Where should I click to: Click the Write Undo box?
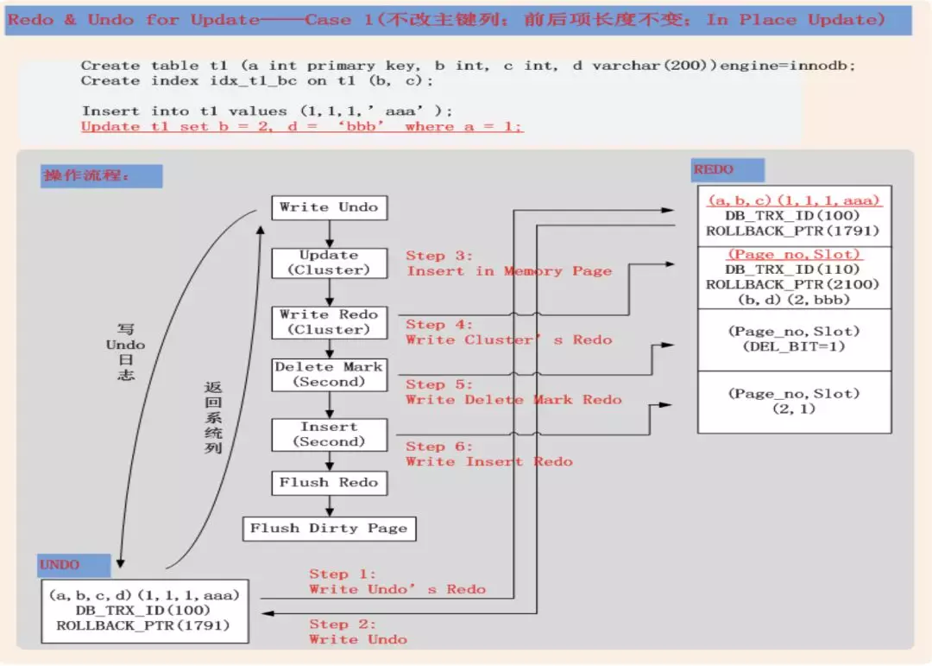click(x=328, y=207)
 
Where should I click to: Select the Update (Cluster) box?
click(x=328, y=263)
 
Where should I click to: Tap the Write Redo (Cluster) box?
click(x=328, y=322)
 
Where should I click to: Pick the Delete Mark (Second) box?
click(x=328, y=374)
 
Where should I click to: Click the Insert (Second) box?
click(x=328, y=434)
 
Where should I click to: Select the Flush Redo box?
click(x=328, y=483)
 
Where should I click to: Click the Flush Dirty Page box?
click(x=328, y=529)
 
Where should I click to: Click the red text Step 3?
click(x=439, y=256)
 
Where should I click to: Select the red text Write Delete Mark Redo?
click(x=513, y=400)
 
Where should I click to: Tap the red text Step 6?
click(x=439, y=447)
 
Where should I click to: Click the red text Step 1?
click(x=342, y=574)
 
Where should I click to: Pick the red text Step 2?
click(x=342, y=625)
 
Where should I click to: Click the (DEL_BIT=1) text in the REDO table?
click(x=794, y=346)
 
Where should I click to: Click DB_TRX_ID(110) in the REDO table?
click(x=793, y=270)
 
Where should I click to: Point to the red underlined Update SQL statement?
click(x=302, y=127)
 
